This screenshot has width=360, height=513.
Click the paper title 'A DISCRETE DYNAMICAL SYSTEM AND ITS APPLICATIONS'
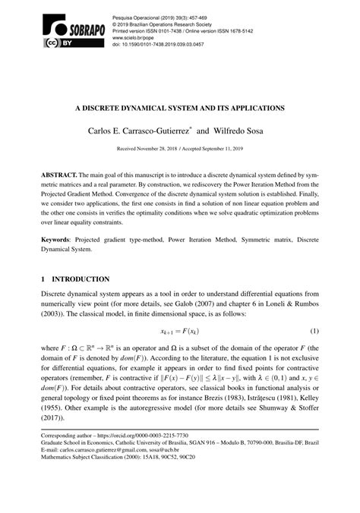point(179,109)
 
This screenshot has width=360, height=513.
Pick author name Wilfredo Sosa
point(240,132)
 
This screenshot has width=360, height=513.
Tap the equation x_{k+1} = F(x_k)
point(179,332)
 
